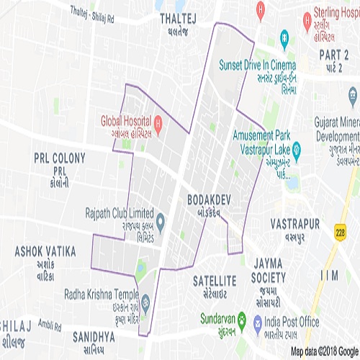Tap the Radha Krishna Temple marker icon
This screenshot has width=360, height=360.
coord(145,301)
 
